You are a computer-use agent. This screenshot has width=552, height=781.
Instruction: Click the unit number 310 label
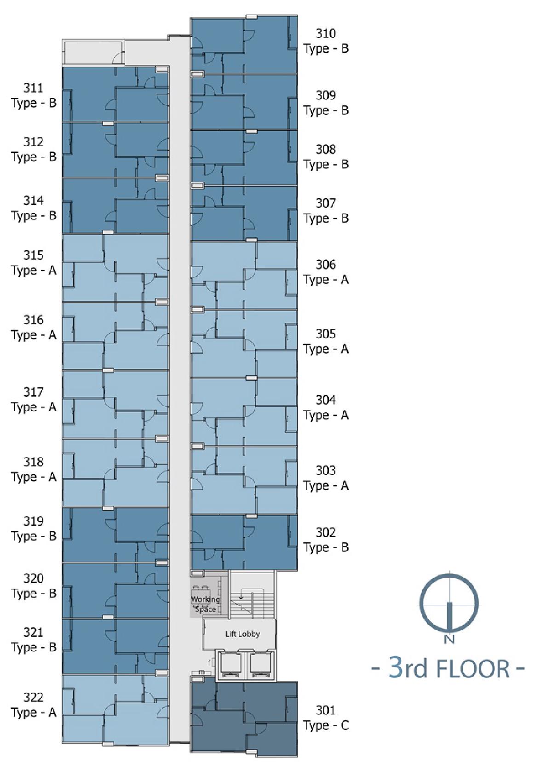[x=326, y=34]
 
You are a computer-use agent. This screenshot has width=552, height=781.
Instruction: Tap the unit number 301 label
[x=326, y=710]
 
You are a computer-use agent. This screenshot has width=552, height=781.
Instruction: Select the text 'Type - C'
[x=326, y=725]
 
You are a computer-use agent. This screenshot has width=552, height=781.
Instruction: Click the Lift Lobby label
[x=242, y=634]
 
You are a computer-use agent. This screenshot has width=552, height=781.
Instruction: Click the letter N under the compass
[x=449, y=639]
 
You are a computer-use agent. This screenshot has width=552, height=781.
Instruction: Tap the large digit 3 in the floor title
[x=396, y=667]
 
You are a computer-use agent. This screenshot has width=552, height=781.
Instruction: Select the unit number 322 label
[x=34, y=697]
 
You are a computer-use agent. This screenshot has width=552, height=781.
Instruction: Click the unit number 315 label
[x=34, y=255]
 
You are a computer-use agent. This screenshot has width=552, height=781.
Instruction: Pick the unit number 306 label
[x=326, y=264]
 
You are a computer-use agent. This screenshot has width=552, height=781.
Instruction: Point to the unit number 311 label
[x=34, y=88]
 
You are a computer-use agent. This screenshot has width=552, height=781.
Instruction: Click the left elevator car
[x=229, y=665]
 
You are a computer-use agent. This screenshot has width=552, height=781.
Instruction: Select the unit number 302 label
[x=326, y=533]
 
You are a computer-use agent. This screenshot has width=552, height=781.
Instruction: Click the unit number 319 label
[x=34, y=521]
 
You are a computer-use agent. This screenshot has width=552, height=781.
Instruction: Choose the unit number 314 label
[x=34, y=201]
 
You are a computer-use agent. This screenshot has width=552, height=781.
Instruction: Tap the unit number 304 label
[x=326, y=400]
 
